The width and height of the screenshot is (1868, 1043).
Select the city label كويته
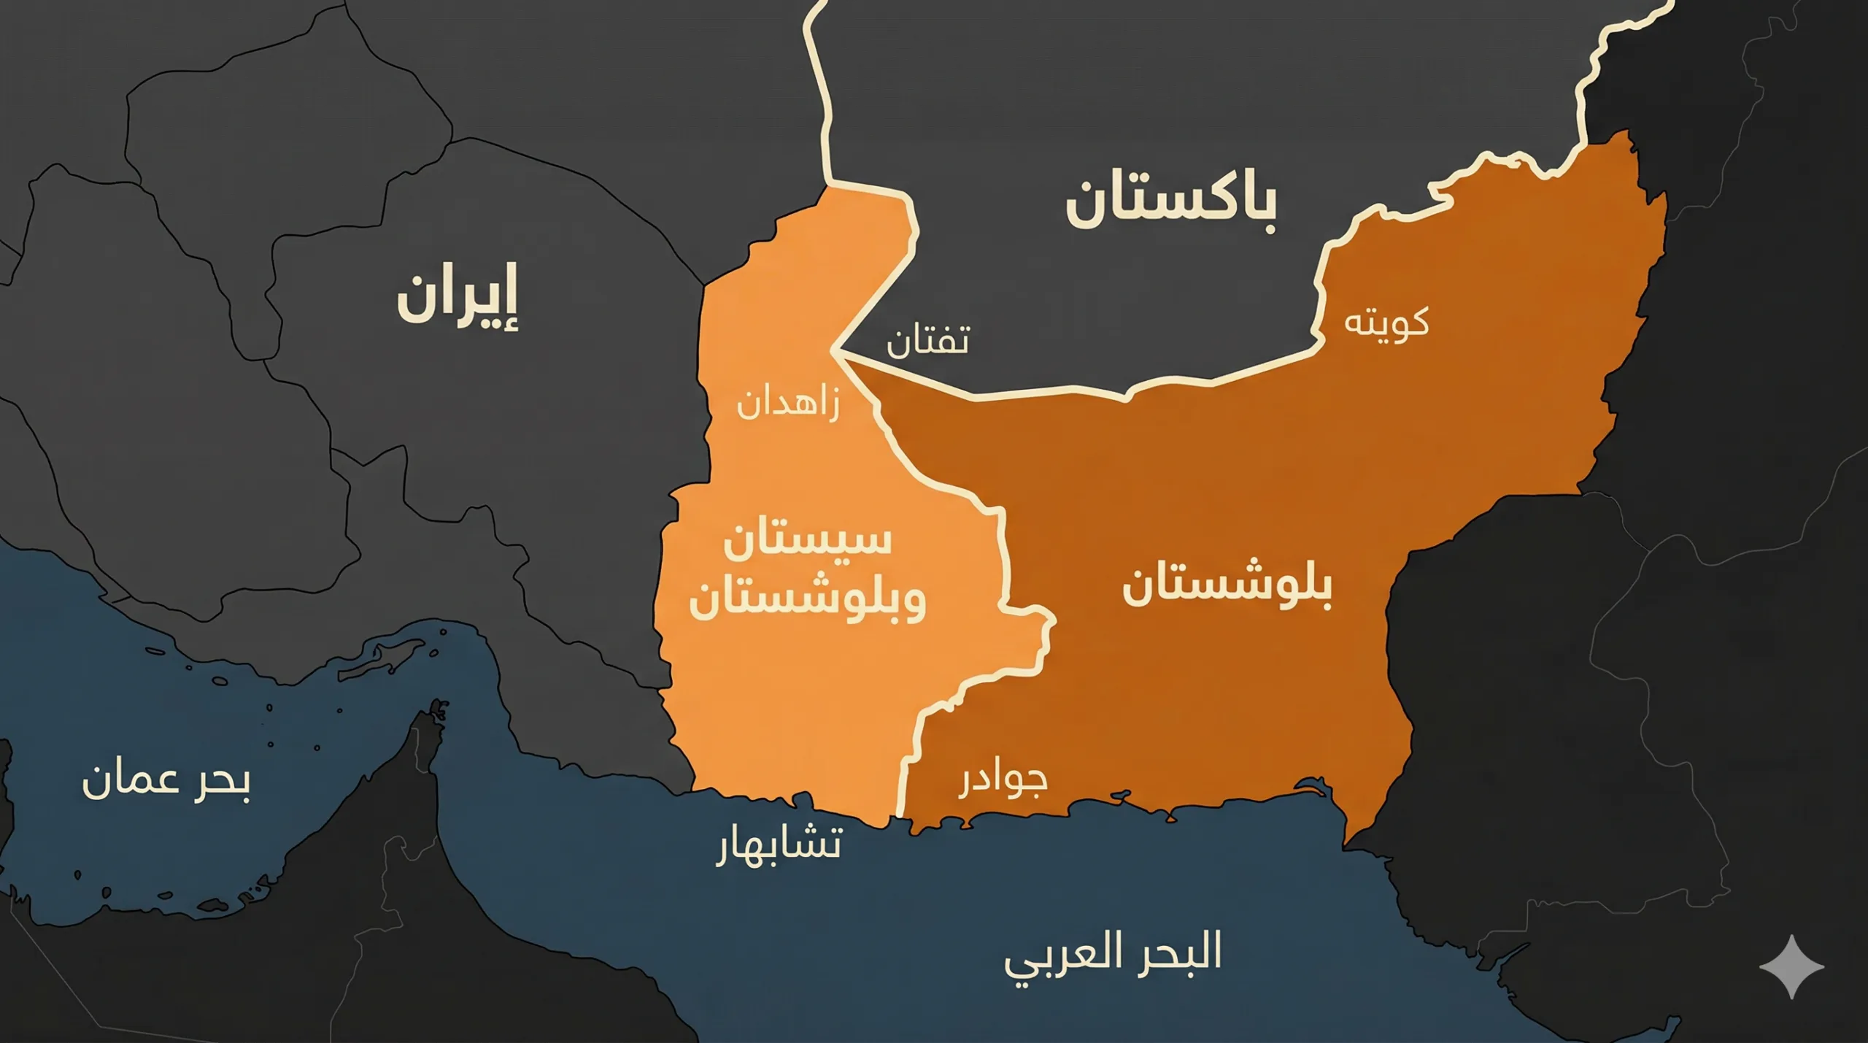click(x=1386, y=323)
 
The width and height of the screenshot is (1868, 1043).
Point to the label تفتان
click(x=928, y=341)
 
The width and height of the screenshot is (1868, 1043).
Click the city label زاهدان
click(x=788, y=404)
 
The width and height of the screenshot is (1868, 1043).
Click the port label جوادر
click(x=1003, y=780)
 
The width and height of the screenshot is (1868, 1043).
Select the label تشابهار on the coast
click(x=779, y=845)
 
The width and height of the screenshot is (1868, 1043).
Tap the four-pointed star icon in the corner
click(x=1791, y=966)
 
